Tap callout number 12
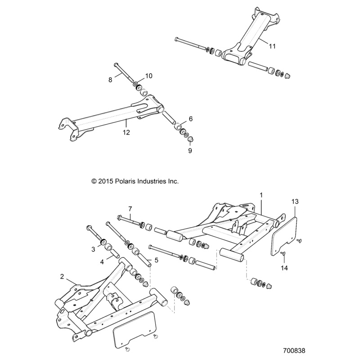pos(126,132)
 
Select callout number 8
pos(110,80)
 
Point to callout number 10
pos(149,76)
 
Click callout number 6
pos(191,119)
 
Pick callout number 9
pos(189,151)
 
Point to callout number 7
pos(130,208)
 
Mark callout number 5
pos(157,260)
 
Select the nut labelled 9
pos(189,138)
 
